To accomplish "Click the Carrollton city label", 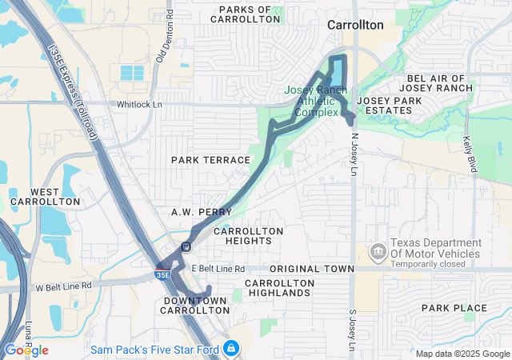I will (355, 25).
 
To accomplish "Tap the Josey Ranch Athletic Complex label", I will (316, 101).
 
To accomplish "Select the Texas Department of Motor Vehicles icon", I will (377, 253).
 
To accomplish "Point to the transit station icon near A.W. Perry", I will (186, 246).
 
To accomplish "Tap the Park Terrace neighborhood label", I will (210, 160).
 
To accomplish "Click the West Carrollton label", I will (56, 197).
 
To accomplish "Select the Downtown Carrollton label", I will (196, 305).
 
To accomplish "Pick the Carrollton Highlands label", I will (277, 288).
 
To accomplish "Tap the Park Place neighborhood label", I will (454, 308).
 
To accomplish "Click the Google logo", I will (26, 350).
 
